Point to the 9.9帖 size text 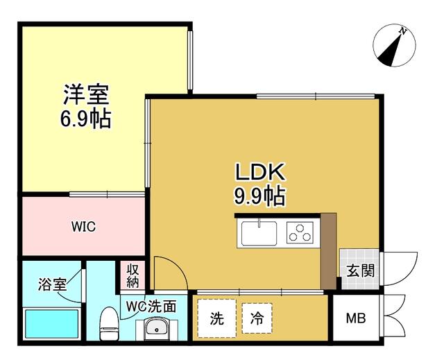pos(259,196)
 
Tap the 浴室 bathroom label pos(52,284)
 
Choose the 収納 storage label pos(133,275)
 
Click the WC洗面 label pos(156,305)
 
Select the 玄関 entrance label pos(358,271)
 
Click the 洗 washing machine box pos(217,318)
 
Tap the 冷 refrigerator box pos(257,318)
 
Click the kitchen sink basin pos(259,232)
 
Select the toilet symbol pos(109,325)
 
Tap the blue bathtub pos(51,324)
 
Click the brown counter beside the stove pos(328,250)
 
